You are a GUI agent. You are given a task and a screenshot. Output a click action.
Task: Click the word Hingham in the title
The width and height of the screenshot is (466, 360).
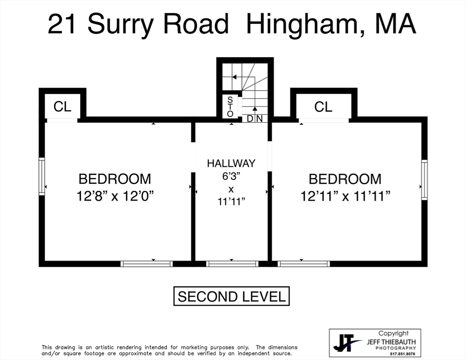pos(299,24)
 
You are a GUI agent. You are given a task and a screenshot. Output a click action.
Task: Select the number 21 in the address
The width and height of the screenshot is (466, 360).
pos(63,24)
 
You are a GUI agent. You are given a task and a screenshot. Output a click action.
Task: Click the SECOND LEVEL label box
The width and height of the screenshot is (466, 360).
pos(231,296)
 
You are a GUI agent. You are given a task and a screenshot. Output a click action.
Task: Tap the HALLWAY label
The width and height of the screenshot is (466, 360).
pos(231,164)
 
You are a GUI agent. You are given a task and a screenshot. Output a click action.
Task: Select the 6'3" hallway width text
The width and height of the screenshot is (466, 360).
pos(231,177)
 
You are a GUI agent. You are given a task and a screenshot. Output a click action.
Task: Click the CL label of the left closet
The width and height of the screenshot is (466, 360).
pos(62,107)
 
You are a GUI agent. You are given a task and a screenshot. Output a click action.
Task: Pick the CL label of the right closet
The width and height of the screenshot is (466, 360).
pos(323,107)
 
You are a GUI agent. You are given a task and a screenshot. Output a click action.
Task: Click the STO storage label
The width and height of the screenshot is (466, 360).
pos(230,107)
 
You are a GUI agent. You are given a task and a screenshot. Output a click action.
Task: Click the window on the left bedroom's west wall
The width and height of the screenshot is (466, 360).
pos(42,176)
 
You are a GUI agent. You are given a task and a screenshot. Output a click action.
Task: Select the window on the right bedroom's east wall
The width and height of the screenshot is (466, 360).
pos(424,180)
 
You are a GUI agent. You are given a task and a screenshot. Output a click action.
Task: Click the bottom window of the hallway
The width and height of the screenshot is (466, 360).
pos(232,264)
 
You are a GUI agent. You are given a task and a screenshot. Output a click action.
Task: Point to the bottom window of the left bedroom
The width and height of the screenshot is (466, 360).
pos(147,264)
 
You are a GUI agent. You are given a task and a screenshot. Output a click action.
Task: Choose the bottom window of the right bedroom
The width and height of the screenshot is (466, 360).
pos(304,264)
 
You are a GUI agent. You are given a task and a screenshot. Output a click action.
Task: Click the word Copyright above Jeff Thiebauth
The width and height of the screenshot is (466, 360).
pos(393,333)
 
